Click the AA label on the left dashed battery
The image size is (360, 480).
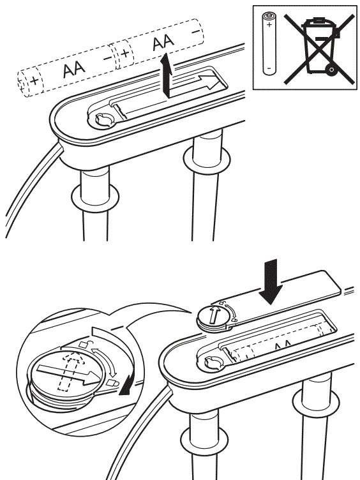74,70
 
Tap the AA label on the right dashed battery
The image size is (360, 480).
163,43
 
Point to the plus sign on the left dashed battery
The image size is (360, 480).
33,81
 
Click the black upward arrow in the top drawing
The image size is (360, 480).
167,74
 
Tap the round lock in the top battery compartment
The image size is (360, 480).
103,119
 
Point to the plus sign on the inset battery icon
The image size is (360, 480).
269,26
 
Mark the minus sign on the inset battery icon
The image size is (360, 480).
269,67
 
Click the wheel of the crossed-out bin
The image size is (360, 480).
329,67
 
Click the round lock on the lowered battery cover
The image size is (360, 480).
213,317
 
